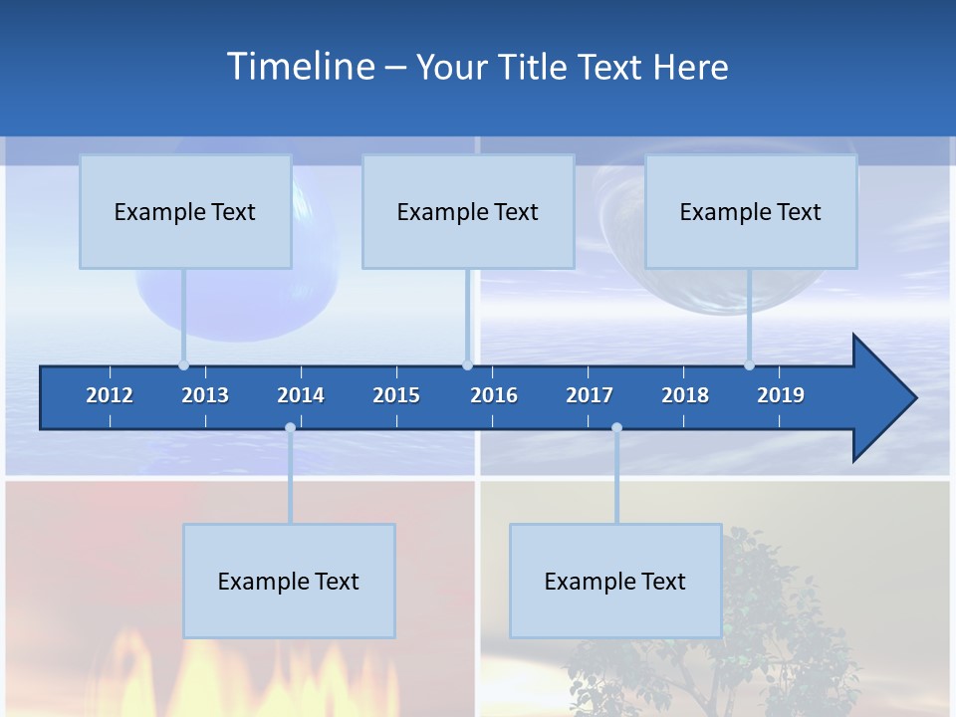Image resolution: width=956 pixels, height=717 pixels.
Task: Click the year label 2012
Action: click(110, 395)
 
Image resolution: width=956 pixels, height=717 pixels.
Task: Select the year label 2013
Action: click(205, 395)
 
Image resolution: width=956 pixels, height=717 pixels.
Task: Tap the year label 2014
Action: click(301, 395)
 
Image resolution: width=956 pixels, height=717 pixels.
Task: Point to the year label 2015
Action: click(396, 395)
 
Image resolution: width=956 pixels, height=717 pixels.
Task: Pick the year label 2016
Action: click(494, 395)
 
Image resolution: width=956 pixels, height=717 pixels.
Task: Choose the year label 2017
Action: click(590, 395)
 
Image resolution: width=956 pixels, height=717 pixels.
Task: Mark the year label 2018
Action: click(685, 395)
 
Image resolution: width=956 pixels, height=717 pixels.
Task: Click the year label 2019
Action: click(781, 395)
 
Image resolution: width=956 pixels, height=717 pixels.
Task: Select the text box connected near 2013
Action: click(185, 211)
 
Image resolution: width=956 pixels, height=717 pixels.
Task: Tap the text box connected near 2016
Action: click(468, 211)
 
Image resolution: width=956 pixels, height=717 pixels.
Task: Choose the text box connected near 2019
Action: click(751, 211)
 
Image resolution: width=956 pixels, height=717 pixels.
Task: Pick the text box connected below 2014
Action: click(289, 581)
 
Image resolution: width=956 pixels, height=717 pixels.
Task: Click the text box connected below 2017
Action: click(615, 581)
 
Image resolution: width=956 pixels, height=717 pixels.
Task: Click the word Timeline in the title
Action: click(300, 67)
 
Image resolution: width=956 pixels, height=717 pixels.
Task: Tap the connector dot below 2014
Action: click(290, 428)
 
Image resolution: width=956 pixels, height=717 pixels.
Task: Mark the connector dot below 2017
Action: click(616, 428)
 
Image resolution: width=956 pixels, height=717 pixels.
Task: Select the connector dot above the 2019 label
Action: click(749, 365)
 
